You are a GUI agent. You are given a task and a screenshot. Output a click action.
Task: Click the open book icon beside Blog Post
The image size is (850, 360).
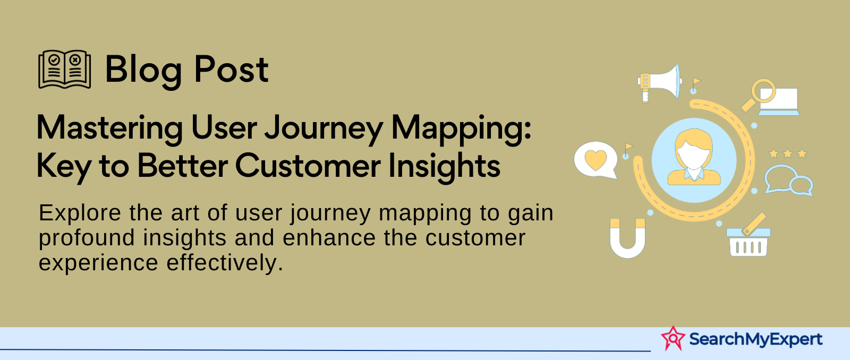tap(64, 70)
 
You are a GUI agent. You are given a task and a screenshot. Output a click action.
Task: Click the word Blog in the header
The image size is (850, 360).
tap(143, 70)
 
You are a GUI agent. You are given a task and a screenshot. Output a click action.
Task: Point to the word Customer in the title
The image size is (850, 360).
tap(308, 166)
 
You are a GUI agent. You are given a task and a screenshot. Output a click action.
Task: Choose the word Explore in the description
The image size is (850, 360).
tap(81, 213)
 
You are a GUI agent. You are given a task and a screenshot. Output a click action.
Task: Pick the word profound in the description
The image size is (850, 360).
tap(87, 238)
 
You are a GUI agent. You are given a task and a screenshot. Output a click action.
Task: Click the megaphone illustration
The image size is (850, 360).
tap(659, 83)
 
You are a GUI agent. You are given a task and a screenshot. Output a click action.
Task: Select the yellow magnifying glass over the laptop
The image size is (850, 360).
tap(759, 95)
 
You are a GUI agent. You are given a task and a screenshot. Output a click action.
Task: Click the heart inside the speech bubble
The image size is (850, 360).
tap(596, 160)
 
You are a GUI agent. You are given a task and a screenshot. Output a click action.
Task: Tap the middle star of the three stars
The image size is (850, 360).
tap(788, 153)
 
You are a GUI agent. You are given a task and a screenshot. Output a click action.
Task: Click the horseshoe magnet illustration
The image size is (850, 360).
tap(627, 238)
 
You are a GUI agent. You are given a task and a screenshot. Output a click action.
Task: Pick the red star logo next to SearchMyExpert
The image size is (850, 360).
tap(673, 338)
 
